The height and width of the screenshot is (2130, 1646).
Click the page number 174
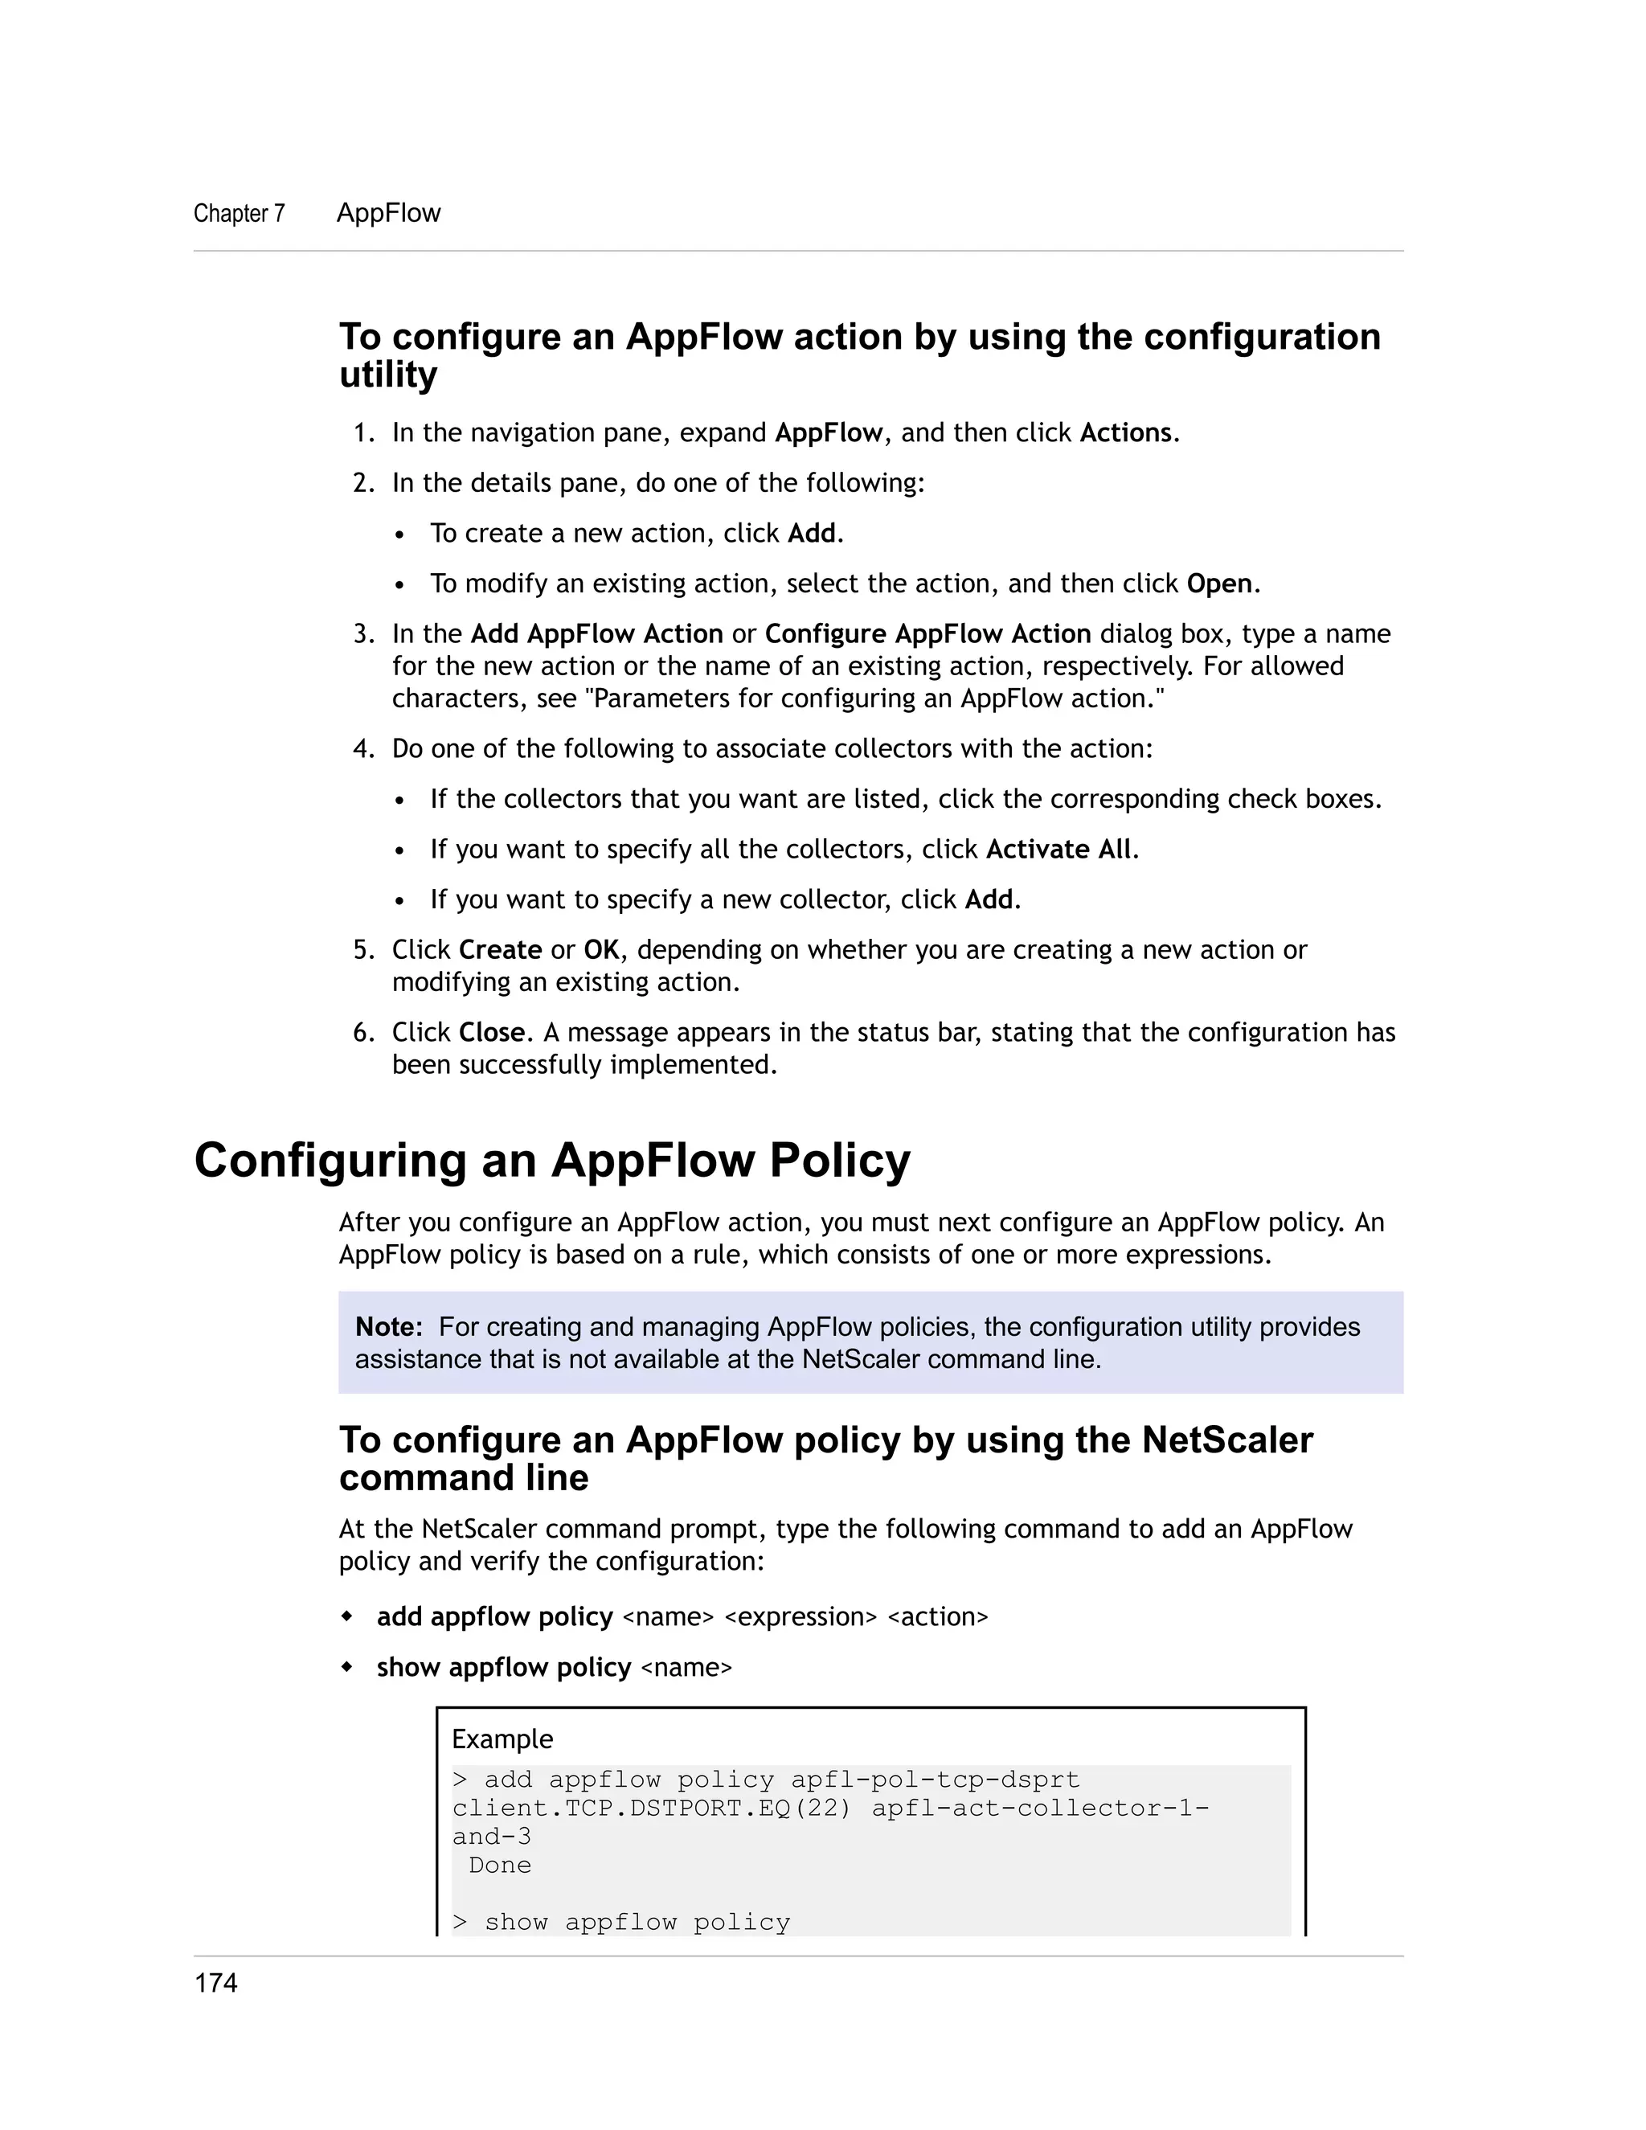point(215,1983)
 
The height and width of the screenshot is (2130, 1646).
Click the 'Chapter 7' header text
point(239,214)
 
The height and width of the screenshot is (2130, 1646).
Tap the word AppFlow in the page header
point(388,213)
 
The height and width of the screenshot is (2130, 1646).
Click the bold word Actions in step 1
point(1125,433)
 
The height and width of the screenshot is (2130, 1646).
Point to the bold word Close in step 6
point(491,1032)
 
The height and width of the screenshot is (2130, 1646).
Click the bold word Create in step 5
point(500,950)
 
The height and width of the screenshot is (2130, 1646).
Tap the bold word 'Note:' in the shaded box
point(389,1326)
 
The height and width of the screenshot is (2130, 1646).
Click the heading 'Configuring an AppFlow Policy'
point(552,1161)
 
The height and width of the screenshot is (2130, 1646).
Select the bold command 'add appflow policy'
point(494,1617)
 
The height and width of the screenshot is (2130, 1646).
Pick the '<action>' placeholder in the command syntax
point(937,1617)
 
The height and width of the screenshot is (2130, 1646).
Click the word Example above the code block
point(502,1739)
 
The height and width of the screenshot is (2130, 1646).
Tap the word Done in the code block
point(499,1865)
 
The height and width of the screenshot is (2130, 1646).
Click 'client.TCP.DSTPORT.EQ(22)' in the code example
point(651,1808)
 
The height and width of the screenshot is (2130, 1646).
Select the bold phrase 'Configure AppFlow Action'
point(927,634)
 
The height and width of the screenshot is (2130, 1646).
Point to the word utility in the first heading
point(388,375)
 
